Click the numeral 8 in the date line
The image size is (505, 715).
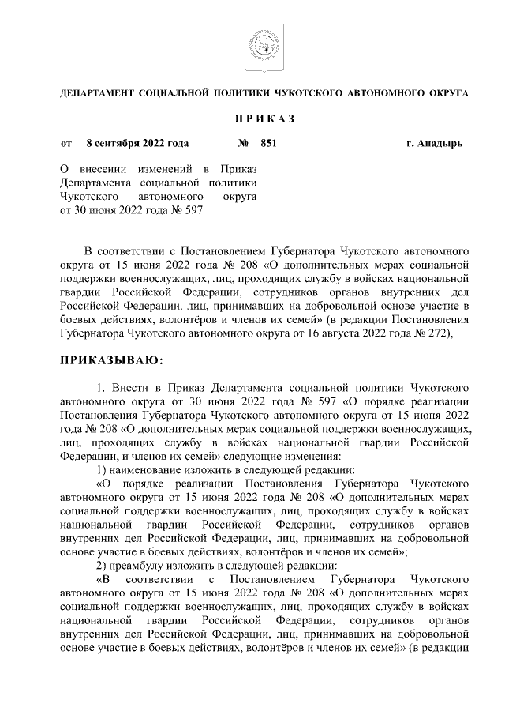tap(90, 144)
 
